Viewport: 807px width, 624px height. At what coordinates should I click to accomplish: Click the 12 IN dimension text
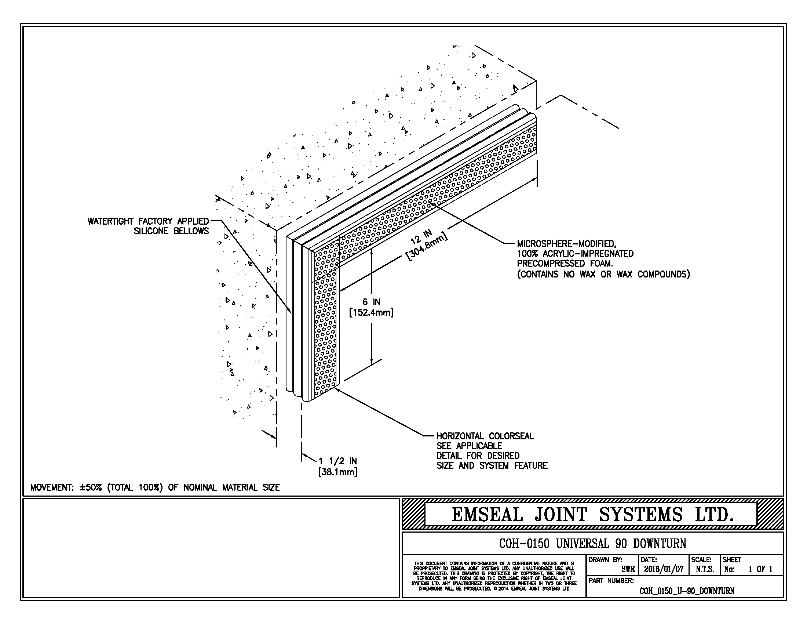pos(421,237)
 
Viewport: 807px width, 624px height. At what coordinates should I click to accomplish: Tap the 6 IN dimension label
pos(371,302)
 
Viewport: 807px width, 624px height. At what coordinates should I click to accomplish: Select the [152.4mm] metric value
pos(371,313)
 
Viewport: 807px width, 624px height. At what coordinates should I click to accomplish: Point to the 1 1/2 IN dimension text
pos(338,461)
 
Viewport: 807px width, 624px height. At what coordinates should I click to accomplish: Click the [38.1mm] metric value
pos(338,472)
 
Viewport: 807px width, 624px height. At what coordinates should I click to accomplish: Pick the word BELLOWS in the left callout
pos(191,231)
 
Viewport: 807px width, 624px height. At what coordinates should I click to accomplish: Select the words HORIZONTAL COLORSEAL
pos(485,436)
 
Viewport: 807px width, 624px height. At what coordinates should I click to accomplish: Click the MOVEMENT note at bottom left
pos(155,487)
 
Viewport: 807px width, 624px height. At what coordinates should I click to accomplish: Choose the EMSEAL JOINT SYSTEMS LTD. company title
pos(593,515)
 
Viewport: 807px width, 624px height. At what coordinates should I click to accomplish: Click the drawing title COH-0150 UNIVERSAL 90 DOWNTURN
pos(593,543)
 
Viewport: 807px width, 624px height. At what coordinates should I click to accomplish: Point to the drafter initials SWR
pos(628,570)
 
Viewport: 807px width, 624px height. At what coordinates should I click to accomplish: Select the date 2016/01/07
pos(664,569)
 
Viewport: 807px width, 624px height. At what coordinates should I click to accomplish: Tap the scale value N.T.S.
pos(705,569)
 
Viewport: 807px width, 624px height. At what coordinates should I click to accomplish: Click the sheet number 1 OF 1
pos(760,569)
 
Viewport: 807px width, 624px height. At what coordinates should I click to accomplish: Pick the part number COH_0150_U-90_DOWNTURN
pos(687,591)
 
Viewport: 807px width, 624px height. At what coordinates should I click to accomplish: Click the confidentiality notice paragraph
pos(494,576)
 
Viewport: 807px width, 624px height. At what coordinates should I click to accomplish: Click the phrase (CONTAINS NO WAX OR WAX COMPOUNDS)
pos(603,274)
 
